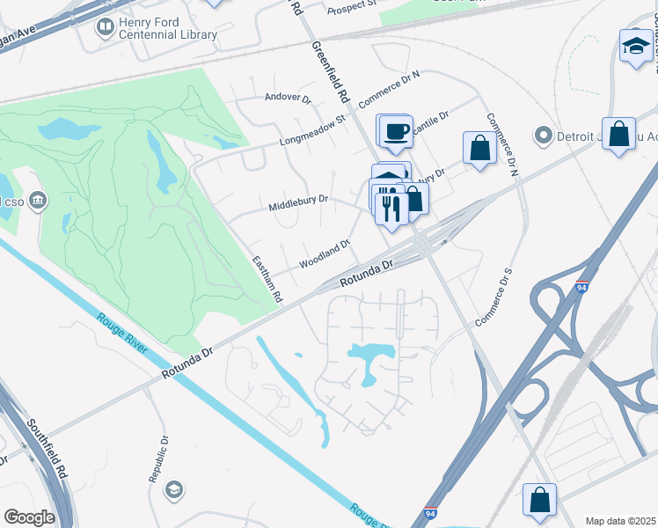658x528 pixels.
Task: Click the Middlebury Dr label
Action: tap(298, 204)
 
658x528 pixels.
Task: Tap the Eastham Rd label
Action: tap(266, 279)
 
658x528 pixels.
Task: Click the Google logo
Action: tap(29, 517)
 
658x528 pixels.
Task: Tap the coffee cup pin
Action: tap(395, 131)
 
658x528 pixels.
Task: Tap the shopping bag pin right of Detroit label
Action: tap(619, 135)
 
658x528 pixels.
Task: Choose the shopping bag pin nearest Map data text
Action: tap(539, 499)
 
